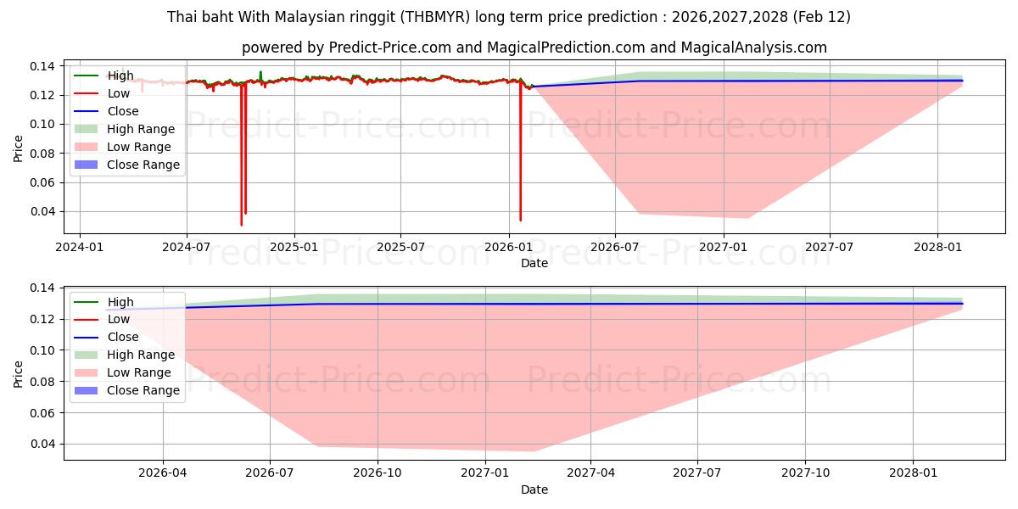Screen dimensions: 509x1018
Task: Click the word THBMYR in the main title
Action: (x=436, y=17)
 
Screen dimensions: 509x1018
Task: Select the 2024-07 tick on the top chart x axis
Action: (x=187, y=247)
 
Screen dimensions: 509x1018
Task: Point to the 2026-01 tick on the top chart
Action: (x=508, y=247)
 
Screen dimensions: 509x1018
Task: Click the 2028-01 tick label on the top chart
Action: (x=937, y=247)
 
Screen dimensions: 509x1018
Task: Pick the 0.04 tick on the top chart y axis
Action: (x=43, y=211)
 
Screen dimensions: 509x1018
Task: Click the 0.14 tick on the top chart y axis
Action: (x=43, y=66)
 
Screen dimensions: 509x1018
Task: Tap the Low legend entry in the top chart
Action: (x=118, y=93)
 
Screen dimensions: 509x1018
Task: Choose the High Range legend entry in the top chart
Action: (x=140, y=129)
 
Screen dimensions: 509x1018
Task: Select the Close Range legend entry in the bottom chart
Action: (x=143, y=390)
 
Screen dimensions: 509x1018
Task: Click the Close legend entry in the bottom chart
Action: (x=122, y=337)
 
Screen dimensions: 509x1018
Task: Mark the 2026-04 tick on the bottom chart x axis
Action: (x=163, y=473)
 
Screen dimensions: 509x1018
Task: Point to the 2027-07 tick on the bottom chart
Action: (x=697, y=473)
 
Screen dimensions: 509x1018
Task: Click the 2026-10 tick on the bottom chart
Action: (x=377, y=473)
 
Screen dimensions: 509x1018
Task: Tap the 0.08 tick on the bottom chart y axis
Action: (x=43, y=381)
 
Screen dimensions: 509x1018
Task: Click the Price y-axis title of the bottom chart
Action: (x=19, y=373)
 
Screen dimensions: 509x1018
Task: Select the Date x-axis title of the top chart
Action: (x=534, y=263)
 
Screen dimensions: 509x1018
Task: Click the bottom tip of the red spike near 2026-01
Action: (x=520, y=221)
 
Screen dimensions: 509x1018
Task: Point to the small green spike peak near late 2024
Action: (x=260, y=71)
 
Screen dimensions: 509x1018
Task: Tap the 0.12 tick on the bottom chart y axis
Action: (x=43, y=319)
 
